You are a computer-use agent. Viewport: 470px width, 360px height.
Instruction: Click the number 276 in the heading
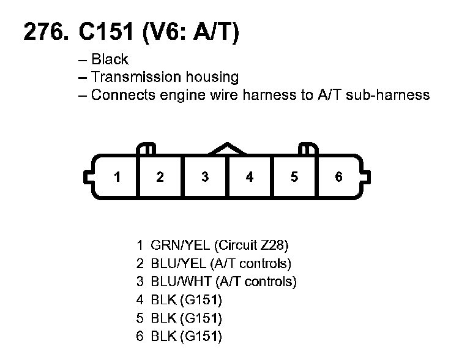pyautogui.click(x=43, y=32)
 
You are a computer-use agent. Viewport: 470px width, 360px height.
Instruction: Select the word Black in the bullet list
pyautogui.click(x=110, y=59)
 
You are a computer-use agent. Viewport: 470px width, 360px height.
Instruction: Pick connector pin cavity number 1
pyautogui.click(x=117, y=177)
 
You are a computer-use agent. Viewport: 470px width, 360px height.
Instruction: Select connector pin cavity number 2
pyautogui.click(x=160, y=177)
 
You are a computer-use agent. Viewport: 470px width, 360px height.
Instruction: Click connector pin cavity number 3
pyautogui.click(x=205, y=177)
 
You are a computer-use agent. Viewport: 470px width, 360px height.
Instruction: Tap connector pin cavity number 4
pyautogui.click(x=250, y=177)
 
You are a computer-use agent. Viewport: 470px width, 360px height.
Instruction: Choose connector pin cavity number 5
pyautogui.click(x=294, y=177)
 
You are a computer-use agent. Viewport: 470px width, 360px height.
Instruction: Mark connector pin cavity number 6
pyautogui.click(x=339, y=177)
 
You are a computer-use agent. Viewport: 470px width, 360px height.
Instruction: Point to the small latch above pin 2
pyautogui.click(x=147, y=149)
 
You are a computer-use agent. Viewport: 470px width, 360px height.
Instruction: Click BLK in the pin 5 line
pyautogui.click(x=162, y=318)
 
